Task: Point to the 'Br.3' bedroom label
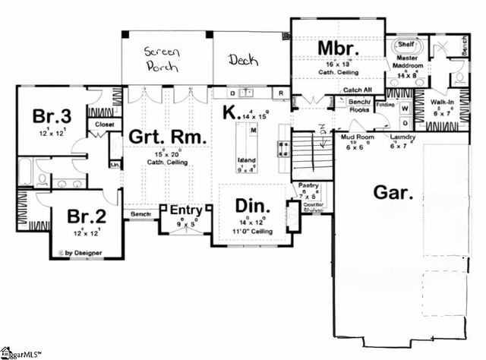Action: (x=52, y=116)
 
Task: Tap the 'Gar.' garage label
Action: (x=393, y=194)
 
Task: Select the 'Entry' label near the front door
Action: (x=185, y=210)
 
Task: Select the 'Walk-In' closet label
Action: (x=442, y=102)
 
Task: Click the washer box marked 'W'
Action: (x=405, y=107)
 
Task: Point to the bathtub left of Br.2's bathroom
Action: (x=26, y=172)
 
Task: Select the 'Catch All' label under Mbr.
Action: (x=357, y=89)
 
